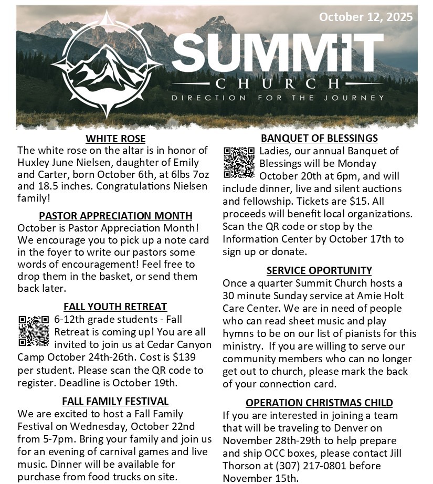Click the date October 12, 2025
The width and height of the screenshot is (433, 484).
365,17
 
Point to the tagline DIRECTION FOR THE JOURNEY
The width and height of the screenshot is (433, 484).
278,98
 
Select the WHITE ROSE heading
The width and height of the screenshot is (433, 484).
115,139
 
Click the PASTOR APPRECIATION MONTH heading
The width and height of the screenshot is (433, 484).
115,216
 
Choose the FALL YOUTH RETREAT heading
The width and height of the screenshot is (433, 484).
115,307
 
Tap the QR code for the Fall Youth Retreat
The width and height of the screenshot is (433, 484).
34,331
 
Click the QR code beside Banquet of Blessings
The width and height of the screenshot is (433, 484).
239,162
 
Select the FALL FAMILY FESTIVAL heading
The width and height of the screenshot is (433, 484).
115,401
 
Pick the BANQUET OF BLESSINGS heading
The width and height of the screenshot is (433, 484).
319,138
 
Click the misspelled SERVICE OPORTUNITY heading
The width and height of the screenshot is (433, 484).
319,270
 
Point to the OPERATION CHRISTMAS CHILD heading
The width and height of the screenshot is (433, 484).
319,403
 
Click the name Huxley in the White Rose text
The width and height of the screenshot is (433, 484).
35,163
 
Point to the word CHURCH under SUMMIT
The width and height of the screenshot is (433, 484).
278,83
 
